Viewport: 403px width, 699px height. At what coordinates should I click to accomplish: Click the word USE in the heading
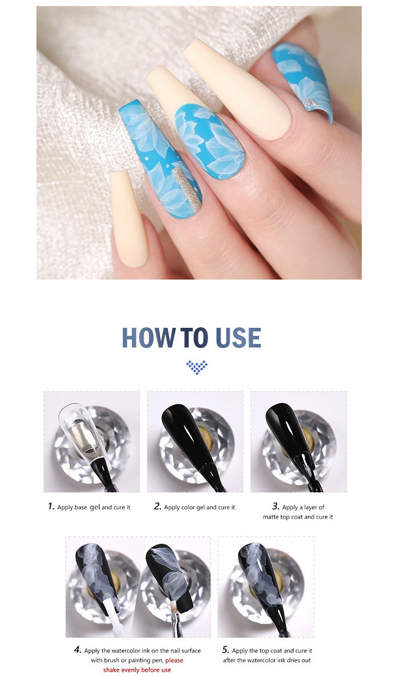tap(238, 338)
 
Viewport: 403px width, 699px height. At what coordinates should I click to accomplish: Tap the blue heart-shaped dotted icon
tap(196, 367)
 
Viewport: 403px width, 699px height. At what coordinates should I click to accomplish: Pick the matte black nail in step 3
tap(287, 431)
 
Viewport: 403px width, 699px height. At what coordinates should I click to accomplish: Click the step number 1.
tap(51, 506)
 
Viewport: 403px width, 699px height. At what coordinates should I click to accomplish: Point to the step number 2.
tap(157, 506)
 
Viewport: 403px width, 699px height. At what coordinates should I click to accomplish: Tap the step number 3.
tap(276, 506)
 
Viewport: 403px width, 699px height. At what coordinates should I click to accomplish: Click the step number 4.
tap(78, 650)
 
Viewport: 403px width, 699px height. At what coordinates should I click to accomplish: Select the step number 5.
tap(226, 650)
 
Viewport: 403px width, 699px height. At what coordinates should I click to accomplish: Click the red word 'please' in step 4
tap(174, 660)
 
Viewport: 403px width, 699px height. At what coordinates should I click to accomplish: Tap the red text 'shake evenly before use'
tap(137, 670)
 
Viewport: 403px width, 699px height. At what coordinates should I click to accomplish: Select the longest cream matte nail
tap(237, 88)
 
